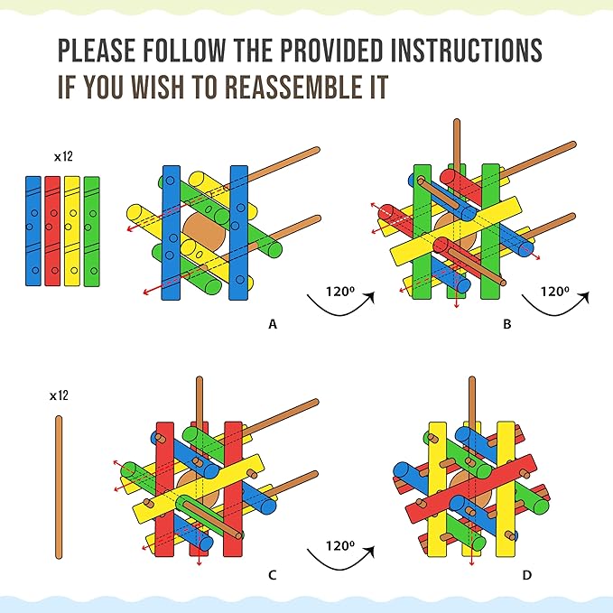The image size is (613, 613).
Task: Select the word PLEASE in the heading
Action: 97,50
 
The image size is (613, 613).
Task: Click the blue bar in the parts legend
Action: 33,231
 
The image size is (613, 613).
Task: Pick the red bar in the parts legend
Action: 52,231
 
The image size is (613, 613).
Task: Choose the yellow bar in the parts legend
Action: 72,231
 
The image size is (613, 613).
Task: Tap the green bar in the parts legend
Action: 92,231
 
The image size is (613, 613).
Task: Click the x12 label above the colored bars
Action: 63,157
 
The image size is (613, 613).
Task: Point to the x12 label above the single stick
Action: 59,395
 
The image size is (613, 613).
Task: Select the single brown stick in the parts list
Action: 59,488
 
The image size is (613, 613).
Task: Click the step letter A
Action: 273,324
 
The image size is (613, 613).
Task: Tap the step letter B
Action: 507,324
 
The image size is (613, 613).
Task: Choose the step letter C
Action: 273,575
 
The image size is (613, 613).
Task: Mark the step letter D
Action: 527,575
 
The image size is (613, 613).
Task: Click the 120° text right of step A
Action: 340,292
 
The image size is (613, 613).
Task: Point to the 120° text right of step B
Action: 554,292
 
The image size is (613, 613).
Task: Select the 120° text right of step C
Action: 340,545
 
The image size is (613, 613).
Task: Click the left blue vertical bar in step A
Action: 172,233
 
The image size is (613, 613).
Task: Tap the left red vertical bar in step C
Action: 164,489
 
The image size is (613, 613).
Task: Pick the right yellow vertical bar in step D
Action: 506,489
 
